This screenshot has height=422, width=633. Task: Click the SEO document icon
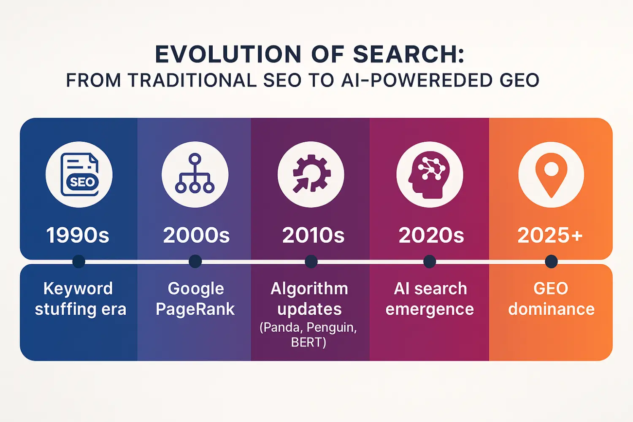[x=79, y=174]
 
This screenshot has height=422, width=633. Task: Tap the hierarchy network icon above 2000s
[x=195, y=173]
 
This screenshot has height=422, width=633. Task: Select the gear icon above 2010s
[x=311, y=173]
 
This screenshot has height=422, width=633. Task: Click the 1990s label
[x=78, y=235]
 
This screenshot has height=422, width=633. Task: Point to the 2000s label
[x=196, y=235]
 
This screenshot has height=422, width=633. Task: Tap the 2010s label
[x=314, y=235]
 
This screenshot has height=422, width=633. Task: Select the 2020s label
[x=431, y=235]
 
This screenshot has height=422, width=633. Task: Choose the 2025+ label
[x=550, y=235]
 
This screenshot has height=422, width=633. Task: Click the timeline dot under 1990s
[x=79, y=261]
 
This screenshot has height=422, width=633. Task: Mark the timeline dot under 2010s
[x=311, y=261]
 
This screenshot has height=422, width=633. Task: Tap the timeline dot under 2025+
[x=551, y=261]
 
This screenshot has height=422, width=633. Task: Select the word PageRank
[x=195, y=309]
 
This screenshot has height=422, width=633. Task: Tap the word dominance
[x=551, y=309]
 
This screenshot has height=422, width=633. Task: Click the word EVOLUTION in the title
[x=228, y=54]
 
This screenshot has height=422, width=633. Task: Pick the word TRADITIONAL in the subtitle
[x=192, y=80]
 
